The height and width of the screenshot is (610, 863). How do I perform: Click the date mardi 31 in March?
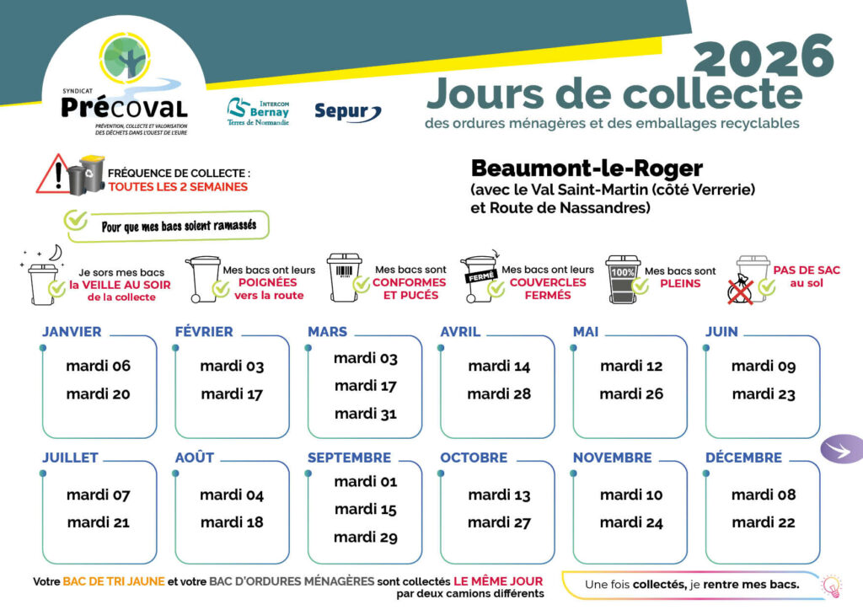click(365, 414)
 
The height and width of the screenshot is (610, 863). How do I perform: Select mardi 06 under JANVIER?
click(99, 367)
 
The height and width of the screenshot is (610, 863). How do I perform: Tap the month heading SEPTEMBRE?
click(349, 457)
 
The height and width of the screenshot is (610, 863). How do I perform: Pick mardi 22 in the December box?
click(763, 522)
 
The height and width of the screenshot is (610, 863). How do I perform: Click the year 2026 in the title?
click(764, 56)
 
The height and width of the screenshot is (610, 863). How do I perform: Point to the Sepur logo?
click(347, 111)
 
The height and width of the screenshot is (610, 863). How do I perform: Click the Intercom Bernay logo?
click(258, 110)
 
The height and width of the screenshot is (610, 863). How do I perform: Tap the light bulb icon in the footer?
click(831, 585)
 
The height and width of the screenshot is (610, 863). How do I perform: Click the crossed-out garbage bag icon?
click(739, 288)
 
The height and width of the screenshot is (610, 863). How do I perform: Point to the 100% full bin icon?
click(623, 280)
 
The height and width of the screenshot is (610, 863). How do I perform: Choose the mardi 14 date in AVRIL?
click(499, 367)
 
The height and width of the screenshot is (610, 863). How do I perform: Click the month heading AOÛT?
click(195, 457)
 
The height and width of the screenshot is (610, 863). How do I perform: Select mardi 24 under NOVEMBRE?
click(631, 522)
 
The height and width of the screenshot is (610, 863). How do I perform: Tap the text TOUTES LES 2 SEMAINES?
click(178, 187)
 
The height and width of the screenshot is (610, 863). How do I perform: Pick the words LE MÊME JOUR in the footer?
click(498, 581)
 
